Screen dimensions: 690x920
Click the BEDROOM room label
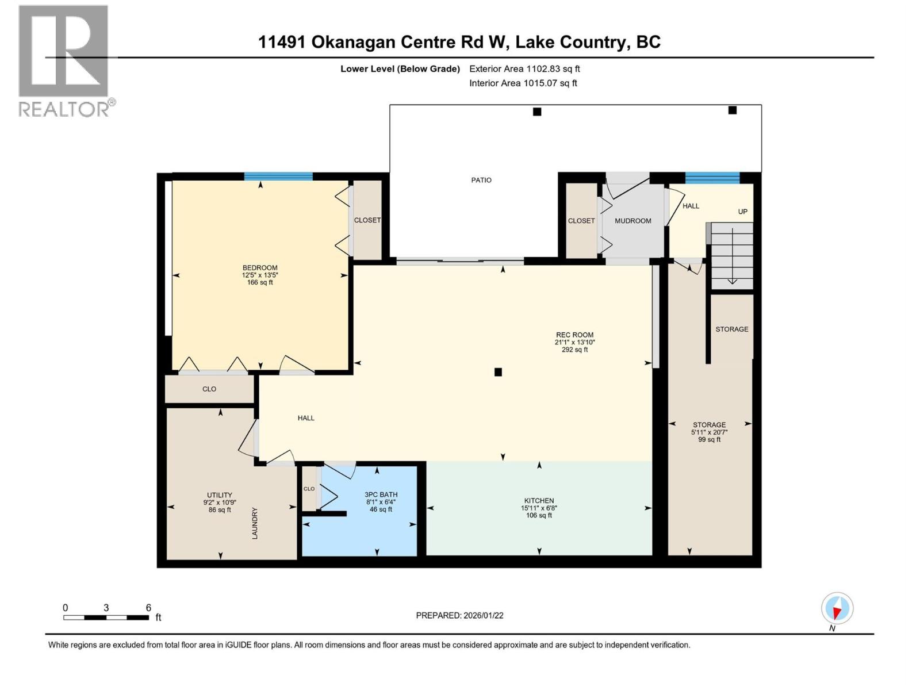(260, 268)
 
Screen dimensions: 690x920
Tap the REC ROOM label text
(574, 335)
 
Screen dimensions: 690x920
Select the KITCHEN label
(539, 501)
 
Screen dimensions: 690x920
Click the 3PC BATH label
(381, 494)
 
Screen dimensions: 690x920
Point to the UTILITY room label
(220, 495)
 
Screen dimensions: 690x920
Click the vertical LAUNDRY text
(255, 523)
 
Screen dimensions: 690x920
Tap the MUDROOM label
(632, 221)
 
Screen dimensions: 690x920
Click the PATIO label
(481, 180)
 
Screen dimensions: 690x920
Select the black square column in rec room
(498, 372)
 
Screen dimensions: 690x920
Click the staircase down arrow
(732, 281)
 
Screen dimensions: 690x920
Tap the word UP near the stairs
(742, 212)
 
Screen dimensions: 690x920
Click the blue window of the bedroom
(278, 177)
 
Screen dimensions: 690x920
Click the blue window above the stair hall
(712, 177)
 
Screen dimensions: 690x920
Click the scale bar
(106, 618)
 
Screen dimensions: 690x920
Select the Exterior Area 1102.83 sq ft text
(524, 69)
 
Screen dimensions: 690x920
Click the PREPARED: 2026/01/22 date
(459, 615)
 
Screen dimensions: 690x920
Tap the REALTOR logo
(64, 60)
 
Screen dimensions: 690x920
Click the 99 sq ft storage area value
(709, 440)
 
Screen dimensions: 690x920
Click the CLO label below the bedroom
(209, 389)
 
